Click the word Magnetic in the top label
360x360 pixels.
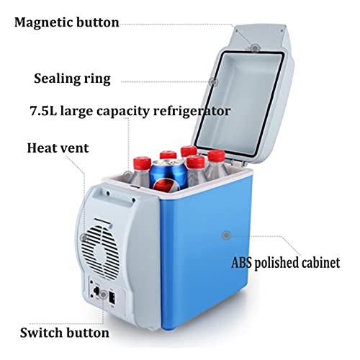tap(43, 22)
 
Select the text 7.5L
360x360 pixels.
tap(43, 111)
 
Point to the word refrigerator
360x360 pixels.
tap(192, 111)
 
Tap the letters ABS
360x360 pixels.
tap(241, 263)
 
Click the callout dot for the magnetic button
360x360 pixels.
tap(255, 48)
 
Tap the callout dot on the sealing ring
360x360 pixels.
tap(212, 82)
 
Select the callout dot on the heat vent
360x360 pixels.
tap(84, 238)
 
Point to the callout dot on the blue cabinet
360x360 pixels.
tap(226, 235)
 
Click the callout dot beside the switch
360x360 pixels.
tap(104, 294)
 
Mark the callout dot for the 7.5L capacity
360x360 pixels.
tap(129, 175)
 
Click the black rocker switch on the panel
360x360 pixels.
tap(112, 298)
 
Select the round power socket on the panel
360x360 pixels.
tap(96, 291)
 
